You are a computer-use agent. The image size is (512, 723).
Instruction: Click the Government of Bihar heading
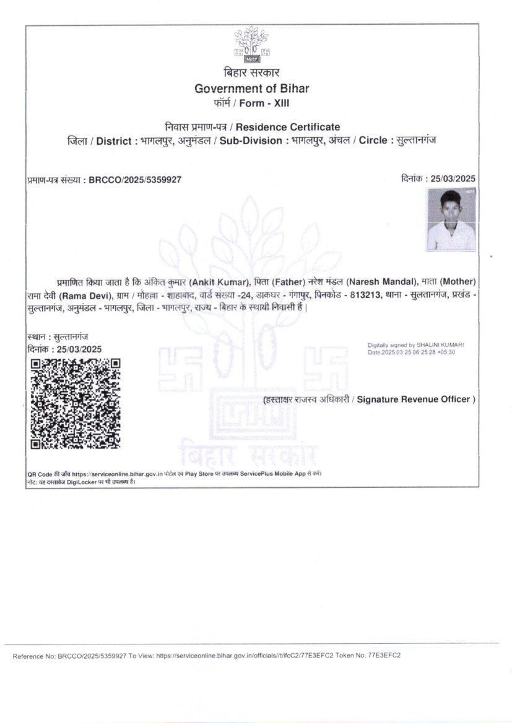point(251,88)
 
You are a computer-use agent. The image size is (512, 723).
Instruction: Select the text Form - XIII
point(268,103)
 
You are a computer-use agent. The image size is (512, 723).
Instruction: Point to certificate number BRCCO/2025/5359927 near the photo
point(135,180)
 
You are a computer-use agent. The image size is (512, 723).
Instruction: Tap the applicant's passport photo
point(451,220)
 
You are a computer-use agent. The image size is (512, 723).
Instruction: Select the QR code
point(76,403)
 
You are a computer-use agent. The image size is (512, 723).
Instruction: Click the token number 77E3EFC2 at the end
point(384,655)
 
